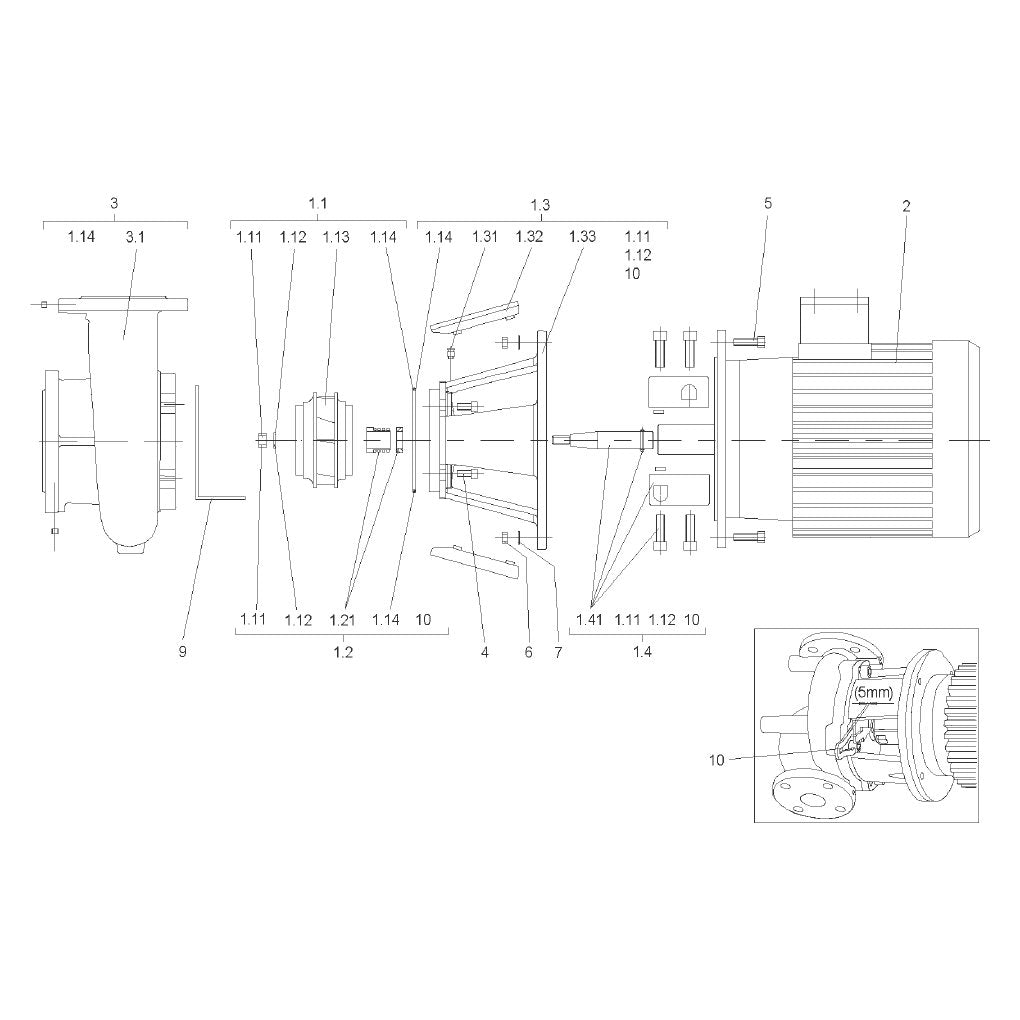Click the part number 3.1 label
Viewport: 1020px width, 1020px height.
pyautogui.click(x=135, y=237)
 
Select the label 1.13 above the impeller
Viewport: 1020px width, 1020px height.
pyautogui.click(x=336, y=237)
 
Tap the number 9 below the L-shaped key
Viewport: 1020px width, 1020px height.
pyautogui.click(x=183, y=651)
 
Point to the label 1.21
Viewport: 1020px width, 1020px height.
pyautogui.click(x=342, y=620)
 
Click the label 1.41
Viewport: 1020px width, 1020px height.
pyautogui.click(x=589, y=619)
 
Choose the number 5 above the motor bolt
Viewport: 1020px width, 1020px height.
pyautogui.click(x=768, y=203)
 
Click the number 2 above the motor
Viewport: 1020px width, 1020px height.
pyautogui.click(x=906, y=206)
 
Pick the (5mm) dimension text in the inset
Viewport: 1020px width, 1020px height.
pyautogui.click(x=873, y=693)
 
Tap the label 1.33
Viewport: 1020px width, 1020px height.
pyautogui.click(x=582, y=236)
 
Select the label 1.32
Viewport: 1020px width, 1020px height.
pyautogui.click(x=529, y=236)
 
